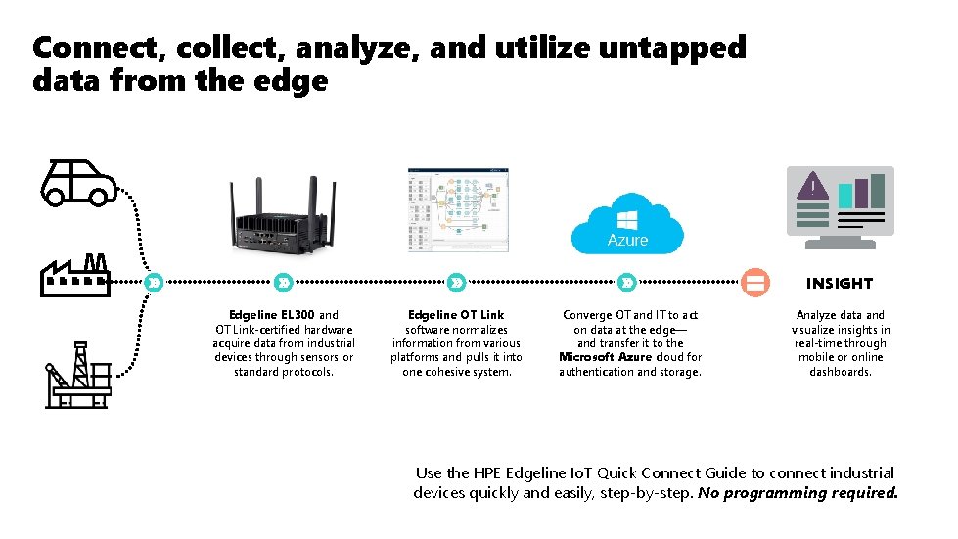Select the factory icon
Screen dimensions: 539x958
point(74,275)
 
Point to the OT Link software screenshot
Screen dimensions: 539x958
point(458,210)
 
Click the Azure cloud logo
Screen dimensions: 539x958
point(627,225)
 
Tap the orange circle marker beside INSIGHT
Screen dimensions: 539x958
point(754,283)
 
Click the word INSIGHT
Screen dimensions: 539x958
point(839,284)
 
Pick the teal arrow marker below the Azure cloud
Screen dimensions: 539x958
point(627,283)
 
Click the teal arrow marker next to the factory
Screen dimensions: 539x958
point(153,283)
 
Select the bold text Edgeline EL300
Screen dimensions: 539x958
point(272,315)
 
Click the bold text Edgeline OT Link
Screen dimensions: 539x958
point(456,315)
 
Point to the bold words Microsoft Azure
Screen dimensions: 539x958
point(605,357)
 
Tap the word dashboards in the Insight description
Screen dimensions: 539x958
point(841,372)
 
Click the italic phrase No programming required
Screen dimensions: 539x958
point(798,493)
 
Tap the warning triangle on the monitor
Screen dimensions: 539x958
point(811,185)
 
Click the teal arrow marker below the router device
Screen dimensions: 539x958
point(283,283)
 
